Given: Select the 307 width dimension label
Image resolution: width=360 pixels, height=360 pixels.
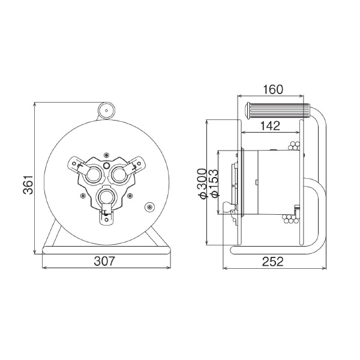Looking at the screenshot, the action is click(x=104, y=261).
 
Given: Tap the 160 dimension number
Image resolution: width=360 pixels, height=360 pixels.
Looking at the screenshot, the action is click(x=273, y=89).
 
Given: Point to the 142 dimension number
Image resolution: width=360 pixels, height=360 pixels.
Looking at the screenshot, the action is click(x=270, y=126).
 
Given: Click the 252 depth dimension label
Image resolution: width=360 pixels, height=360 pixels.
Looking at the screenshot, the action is click(x=273, y=261).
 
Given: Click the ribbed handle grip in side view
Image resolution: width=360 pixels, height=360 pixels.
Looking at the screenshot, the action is click(x=277, y=111).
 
